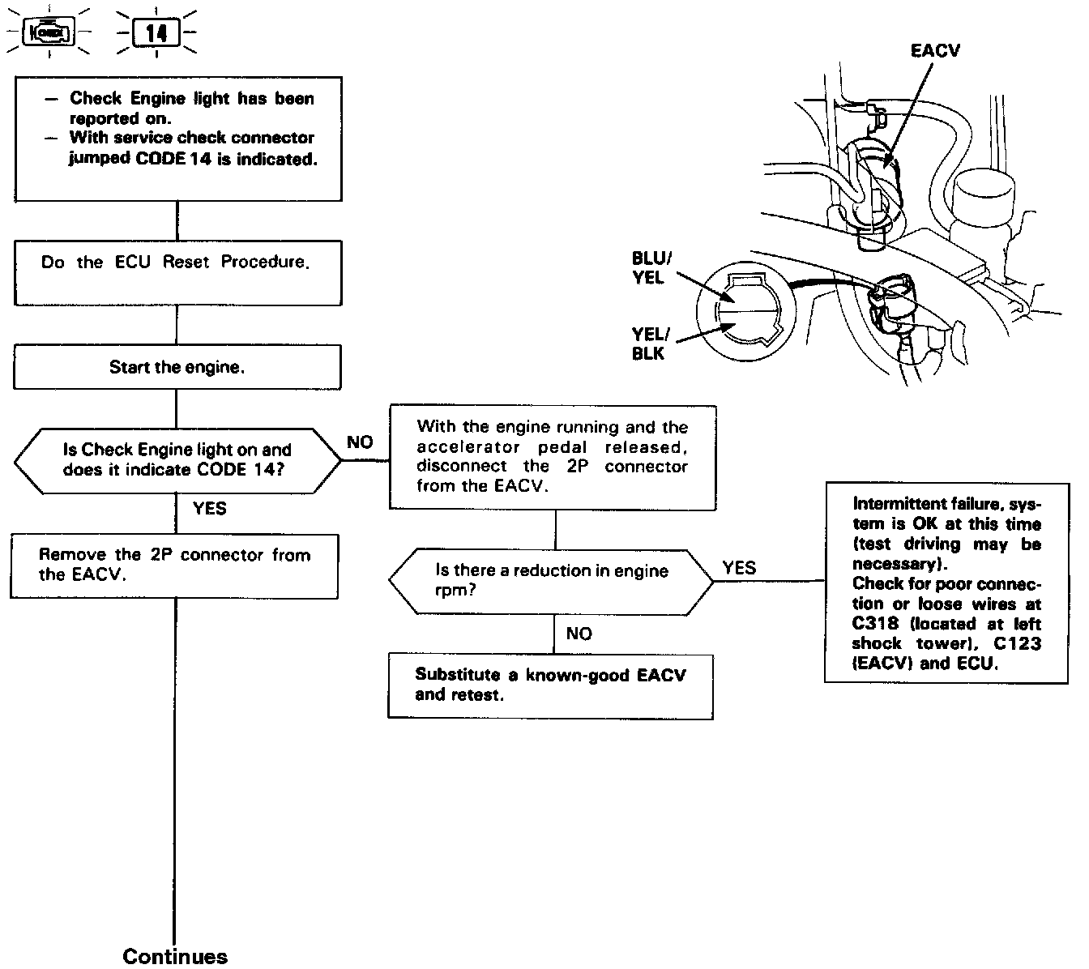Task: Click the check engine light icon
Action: point(50,33)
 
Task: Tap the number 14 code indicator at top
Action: point(156,33)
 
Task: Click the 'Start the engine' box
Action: point(177,367)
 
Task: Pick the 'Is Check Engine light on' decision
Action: point(177,460)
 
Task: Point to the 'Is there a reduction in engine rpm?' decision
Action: point(552,580)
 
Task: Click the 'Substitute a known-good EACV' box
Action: point(551,685)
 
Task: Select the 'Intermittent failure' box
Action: point(946,582)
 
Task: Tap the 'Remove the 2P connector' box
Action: point(174,566)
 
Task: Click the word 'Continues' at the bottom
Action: point(175,956)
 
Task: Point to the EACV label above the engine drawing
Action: point(935,51)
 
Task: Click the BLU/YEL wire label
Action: point(651,268)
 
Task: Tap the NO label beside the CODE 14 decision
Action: point(360,442)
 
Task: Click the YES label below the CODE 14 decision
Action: point(210,509)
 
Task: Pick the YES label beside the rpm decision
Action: point(739,567)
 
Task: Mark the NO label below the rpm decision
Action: point(579,634)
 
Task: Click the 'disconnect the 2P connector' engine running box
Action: point(553,457)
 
